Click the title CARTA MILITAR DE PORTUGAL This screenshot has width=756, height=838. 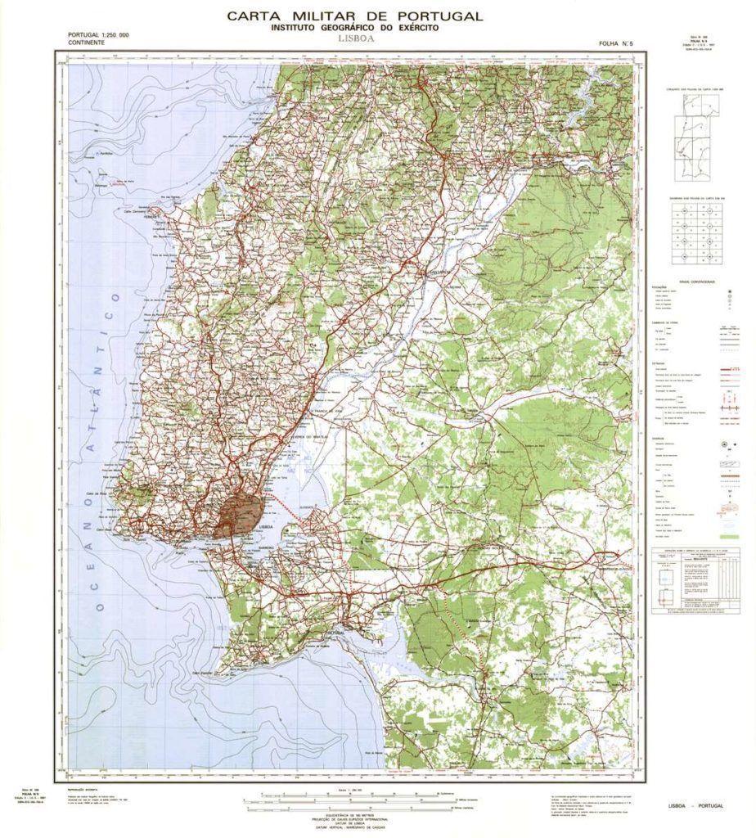(x=354, y=16)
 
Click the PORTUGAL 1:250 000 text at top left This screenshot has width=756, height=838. (x=99, y=34)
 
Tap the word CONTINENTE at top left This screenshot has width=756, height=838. (x=86, y=42)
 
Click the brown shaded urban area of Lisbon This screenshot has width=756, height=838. (x=239, y=514)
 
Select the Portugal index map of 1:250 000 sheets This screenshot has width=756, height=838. (x=695, y=147)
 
